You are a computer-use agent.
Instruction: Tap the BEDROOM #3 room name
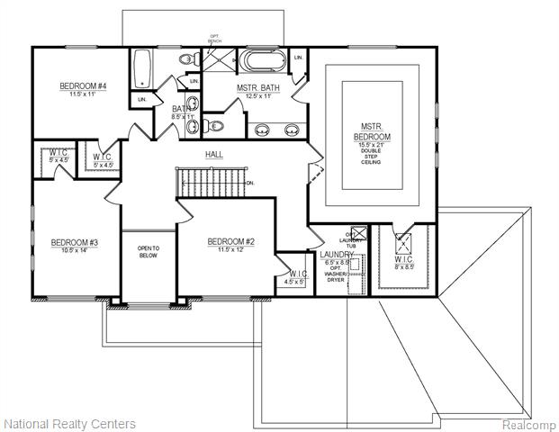click(x=74, y=242)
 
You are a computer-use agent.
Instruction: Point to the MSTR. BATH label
click(x=258, y=87)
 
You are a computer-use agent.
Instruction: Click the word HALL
click(x=214, y=155)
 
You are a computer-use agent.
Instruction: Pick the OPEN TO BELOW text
click(x=148, y=251)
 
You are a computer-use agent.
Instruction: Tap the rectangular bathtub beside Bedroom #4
click(x=142, y=65)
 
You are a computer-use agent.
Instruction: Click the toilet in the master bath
click(x=209, y=124)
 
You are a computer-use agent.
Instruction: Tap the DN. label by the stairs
click(x=249, y=182)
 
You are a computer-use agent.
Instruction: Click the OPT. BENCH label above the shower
click(x=214, y=39)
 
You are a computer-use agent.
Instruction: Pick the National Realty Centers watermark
click(x=70, y=423)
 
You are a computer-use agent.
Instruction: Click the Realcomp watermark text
click(x=527, y=424)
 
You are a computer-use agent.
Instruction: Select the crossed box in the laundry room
click(x=356, y=230)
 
